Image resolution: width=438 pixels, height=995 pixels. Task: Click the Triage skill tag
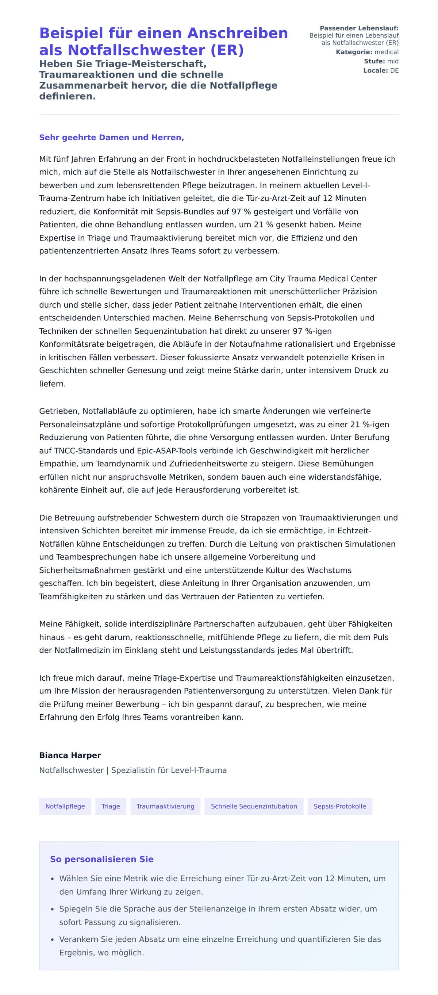click(111, 806)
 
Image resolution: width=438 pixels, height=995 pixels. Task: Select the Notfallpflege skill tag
click(65, 806)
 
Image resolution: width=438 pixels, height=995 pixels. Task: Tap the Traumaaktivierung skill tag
click(165, 806)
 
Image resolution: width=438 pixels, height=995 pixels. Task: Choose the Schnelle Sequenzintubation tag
click(254, 806)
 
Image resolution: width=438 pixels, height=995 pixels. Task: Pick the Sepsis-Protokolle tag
click(339, 806)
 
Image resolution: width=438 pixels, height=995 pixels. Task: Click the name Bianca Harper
click(70, 755)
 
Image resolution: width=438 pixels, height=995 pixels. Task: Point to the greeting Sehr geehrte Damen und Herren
click(111, 138)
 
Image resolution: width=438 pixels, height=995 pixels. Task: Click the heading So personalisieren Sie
click(101, 859)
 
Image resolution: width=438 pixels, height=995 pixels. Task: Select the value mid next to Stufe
click(392, 61)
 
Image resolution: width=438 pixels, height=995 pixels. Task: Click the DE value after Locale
click(394, 70)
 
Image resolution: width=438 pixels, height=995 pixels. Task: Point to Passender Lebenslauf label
click(359, 28)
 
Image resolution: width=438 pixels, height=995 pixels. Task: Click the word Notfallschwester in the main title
click(137, 50)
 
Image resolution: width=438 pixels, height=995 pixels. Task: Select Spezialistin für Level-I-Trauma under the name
click(169, 770)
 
